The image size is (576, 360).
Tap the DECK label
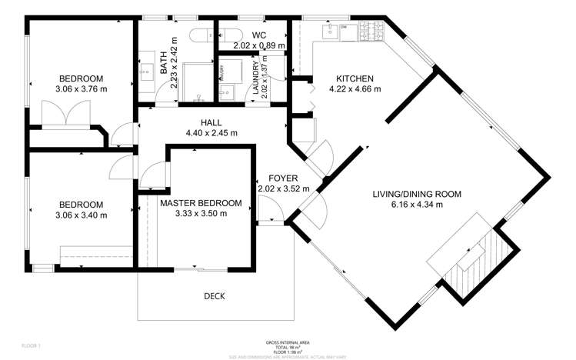click(x=215, y=296)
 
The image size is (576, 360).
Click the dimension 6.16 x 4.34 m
click(x=426, y=205)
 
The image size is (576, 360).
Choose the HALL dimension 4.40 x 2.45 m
click(x=211, y=132)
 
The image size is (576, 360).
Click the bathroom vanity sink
click(x=145, y=68)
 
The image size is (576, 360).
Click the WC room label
click(x=259, y=35)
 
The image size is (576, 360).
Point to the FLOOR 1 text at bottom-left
click(x=30, y=346)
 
